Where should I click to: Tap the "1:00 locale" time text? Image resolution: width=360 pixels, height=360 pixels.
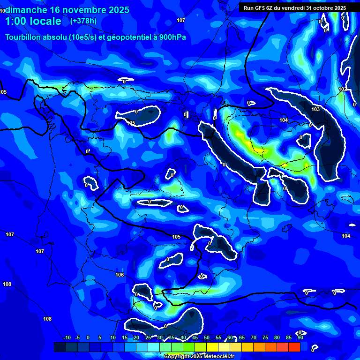33,21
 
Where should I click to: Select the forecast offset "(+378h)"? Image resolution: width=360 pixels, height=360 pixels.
83,21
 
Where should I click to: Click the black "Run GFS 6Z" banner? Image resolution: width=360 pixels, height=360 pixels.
295,7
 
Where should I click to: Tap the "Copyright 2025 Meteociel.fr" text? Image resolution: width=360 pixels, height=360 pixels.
199,356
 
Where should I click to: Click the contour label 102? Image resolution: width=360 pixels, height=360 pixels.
343,89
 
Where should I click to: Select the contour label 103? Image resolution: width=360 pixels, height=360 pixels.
315,109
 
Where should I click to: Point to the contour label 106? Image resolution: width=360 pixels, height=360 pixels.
120,275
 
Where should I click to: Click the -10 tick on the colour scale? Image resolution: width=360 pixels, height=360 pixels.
67,337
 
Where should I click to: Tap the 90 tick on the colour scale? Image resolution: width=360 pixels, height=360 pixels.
300,337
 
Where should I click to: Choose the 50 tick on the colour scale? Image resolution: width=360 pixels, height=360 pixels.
206,337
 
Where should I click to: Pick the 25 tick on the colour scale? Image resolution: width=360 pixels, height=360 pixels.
148,337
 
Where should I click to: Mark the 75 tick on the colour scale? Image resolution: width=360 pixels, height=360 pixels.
265,337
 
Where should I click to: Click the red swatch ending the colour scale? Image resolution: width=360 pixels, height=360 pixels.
294,347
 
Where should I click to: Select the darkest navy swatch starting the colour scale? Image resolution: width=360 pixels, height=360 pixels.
60,347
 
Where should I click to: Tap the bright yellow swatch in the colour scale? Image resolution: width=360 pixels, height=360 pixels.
212,347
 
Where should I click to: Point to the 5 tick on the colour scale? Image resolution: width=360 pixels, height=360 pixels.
100,337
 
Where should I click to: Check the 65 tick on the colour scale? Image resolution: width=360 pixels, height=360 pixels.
241,337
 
